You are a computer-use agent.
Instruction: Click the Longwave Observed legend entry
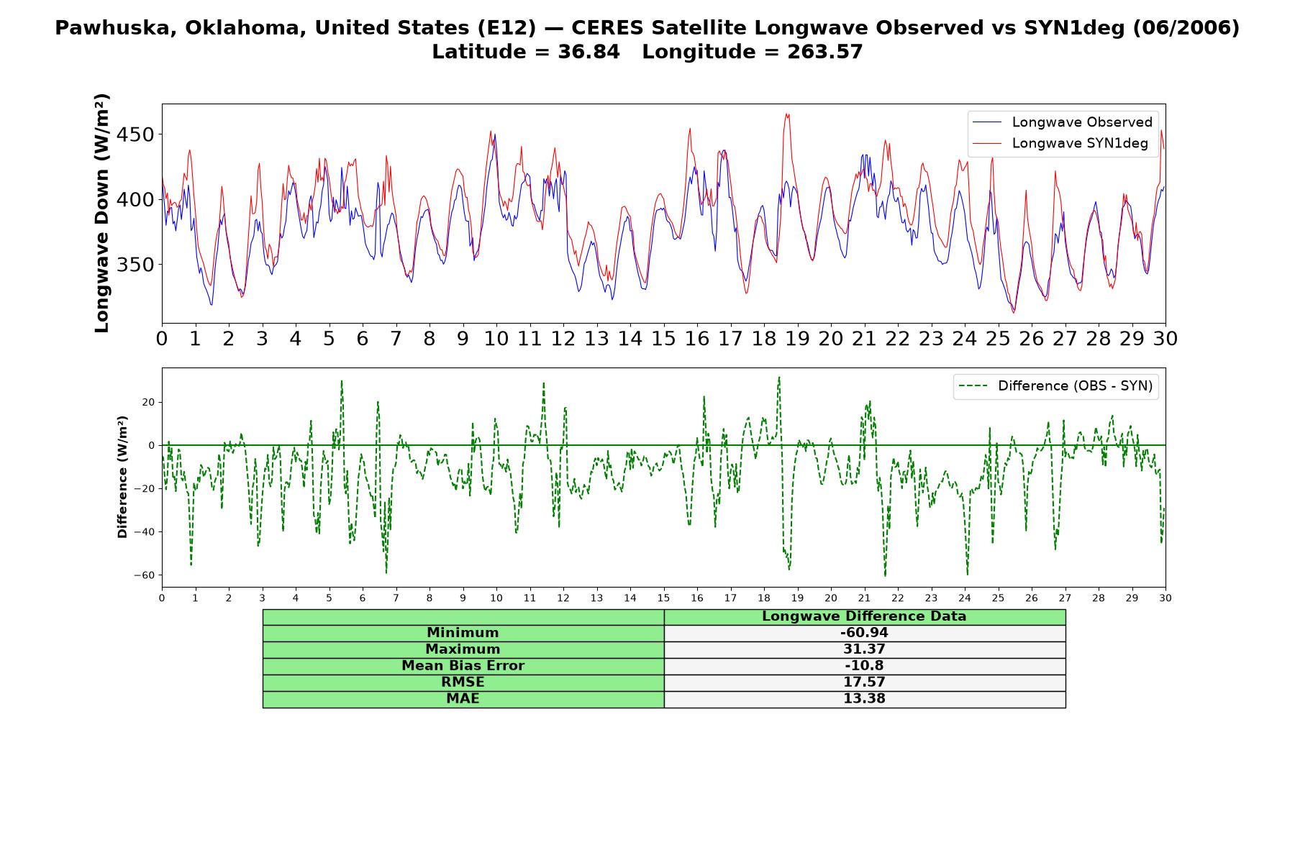(1062, 122)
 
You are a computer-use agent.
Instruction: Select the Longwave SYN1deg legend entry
(1060, 143)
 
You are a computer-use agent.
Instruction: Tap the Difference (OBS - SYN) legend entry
(1055, 386)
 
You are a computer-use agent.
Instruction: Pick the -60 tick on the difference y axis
(144, 575)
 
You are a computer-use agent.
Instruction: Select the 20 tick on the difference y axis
(148, 402)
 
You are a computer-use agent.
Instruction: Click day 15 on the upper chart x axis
(663, 338)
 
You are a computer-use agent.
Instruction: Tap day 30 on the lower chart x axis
(1165, 598)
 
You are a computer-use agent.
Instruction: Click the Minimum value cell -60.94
(864, 633)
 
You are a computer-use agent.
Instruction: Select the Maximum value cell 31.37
(864, 649)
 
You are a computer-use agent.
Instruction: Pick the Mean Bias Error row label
(463, 666)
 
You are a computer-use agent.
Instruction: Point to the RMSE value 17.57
(864, 682)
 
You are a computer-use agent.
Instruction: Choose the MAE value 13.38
(864, 699)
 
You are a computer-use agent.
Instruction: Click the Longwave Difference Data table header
(864, 616)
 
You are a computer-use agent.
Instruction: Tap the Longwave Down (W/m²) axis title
(101, 213)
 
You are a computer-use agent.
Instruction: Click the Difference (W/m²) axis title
(122, 477)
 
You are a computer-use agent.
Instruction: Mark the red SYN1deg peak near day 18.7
(787, 114)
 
